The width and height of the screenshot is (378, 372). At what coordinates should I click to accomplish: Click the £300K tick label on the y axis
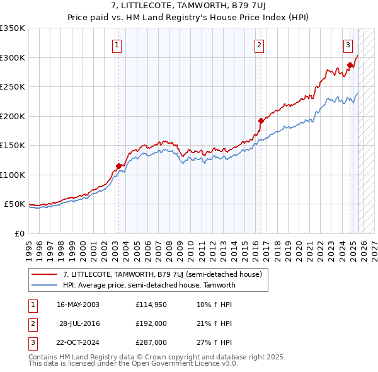tap(13, 57)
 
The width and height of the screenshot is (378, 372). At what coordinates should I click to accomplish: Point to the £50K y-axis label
tap(14, 204)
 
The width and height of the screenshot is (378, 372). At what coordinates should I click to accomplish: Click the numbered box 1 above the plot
tap(118, 45)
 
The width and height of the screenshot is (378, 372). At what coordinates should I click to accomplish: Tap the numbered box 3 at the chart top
tap(347, 45)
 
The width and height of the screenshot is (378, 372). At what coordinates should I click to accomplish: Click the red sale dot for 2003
tap(118, 166)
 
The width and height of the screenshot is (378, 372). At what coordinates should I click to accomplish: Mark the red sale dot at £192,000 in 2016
tap(260, 120)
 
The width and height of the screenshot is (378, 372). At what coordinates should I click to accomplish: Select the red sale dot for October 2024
tap(350, 65)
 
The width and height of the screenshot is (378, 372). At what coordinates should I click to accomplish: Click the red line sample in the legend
tap(44, 274)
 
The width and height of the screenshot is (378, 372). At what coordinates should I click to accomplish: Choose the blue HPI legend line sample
tap(44, 285)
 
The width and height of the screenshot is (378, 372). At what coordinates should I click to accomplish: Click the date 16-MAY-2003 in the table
tap(78, 305)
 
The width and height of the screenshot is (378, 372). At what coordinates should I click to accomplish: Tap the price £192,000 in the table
tap(151, 323)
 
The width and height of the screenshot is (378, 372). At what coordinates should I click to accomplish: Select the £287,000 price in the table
tap(151, 342)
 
